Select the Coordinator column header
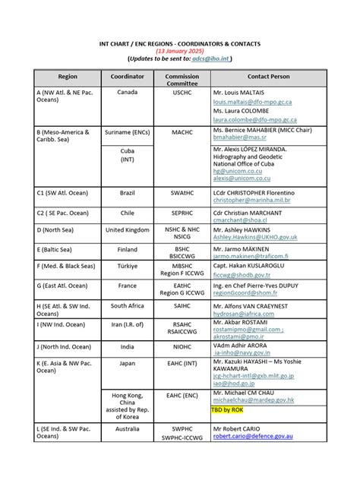[127, 77]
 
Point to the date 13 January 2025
[180, 50]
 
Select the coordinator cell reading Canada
[127, 92]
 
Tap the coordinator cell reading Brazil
[127, 194]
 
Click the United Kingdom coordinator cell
[127, 229]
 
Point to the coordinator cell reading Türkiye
[127, 267]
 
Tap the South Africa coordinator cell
[127, 305]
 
